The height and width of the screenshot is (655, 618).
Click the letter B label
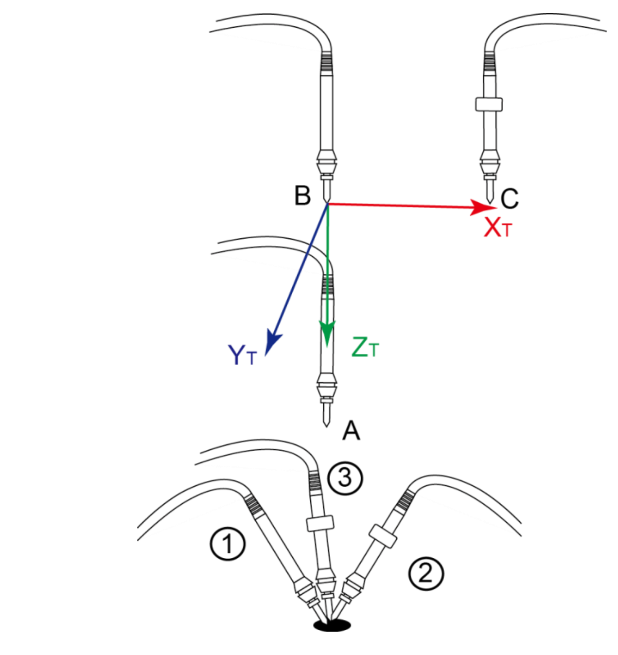tap(302, 195)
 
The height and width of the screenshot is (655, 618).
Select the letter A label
tap(352, 430)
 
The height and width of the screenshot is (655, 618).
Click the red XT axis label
tap(497, 228)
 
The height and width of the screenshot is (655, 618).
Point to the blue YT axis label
tap(242, 355)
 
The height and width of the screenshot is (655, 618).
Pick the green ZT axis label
tap(365, 347)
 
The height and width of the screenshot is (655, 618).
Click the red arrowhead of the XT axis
tap(483, 208)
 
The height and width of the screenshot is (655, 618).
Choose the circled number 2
tap(426, 573)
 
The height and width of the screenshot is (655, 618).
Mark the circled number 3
tap(345, 478)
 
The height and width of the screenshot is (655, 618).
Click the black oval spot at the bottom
tap(332, 625)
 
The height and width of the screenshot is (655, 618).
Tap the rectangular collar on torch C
tap(489, 104)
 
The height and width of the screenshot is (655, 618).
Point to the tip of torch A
tap(327, 427)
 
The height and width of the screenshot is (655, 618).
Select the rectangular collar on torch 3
tap(320, 523)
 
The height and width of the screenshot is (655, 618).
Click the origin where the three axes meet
tap(328, 203)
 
